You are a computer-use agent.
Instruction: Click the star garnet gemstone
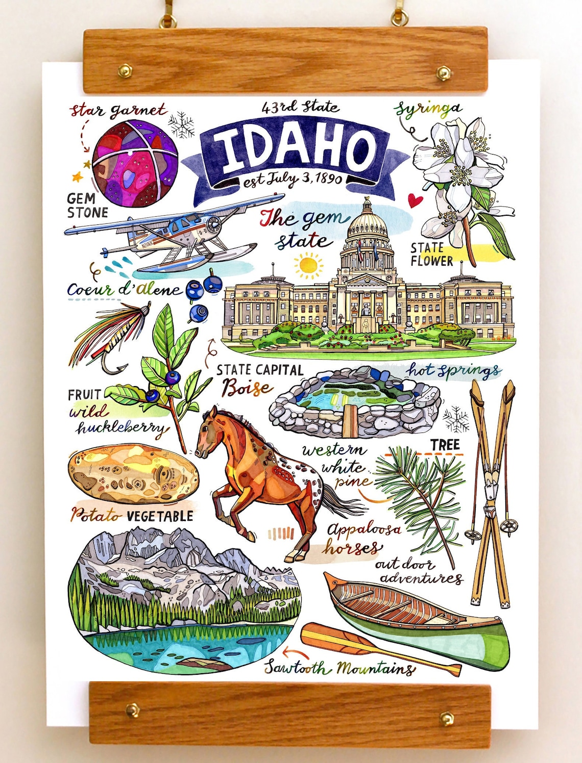pos(135,163)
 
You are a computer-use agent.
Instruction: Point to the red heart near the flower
pos(416,199)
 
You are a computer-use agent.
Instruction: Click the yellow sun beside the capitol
pos(308,265)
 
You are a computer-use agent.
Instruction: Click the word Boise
pos(248,388)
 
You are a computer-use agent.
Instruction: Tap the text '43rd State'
pos(300,107)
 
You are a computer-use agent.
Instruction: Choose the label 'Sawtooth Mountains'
pos(339,668)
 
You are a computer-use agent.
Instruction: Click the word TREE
pos(445,445)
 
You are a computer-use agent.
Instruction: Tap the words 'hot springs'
pos(453,371)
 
